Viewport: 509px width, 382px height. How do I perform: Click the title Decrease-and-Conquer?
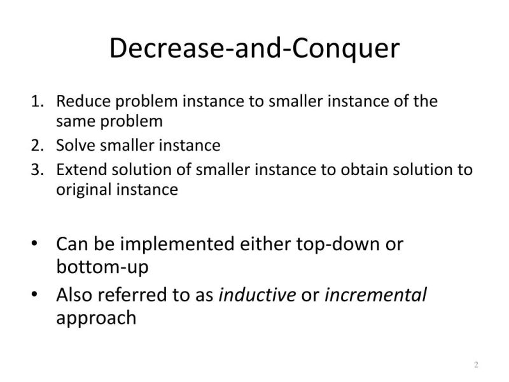pyautogui.click(x=254, y=49)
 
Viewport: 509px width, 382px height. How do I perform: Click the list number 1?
pyautogui.click(x=37, y=102)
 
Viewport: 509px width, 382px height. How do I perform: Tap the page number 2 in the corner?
pyautogui.click(x=476, y=365)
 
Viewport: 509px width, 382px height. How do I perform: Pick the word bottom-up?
pyautogui.click(x=102, y=267)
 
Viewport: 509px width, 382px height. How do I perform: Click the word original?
pyautogui.click(x=80, y=190)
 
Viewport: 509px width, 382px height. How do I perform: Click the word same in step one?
pyautogui.click(x=73, y=121)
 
